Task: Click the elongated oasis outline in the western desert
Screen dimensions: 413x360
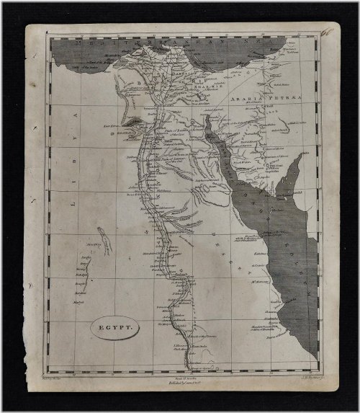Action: click(105, 239)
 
